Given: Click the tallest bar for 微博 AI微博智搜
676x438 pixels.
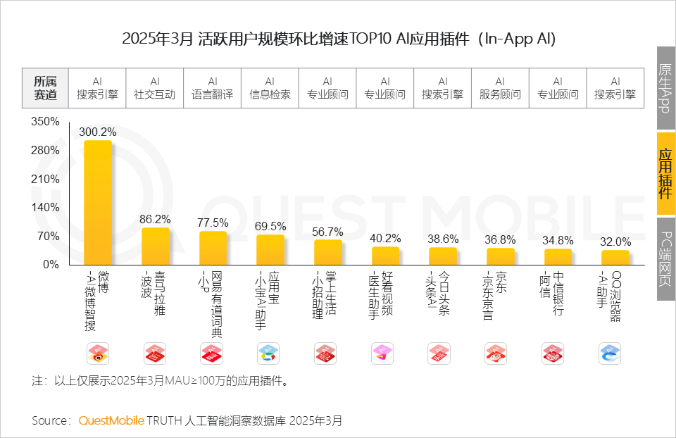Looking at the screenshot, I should coord(98,204).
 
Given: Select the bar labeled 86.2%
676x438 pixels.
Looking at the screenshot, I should coord(156,246).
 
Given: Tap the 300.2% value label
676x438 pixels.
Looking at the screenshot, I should coord(98,132).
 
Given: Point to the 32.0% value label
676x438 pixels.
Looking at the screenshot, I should coord(615,242).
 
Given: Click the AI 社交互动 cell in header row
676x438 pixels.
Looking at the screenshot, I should coord(155,88).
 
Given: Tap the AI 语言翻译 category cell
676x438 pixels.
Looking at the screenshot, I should coord(213,88).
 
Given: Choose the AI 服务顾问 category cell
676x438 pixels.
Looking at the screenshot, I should coord(500,88).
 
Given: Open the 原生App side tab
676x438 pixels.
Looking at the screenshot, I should coord(665,88).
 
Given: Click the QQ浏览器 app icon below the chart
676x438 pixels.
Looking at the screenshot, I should coord(609,353).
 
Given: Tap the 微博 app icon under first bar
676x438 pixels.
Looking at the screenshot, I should coord(98,353).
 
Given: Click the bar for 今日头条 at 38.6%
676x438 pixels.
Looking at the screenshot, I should coord(443,256).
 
